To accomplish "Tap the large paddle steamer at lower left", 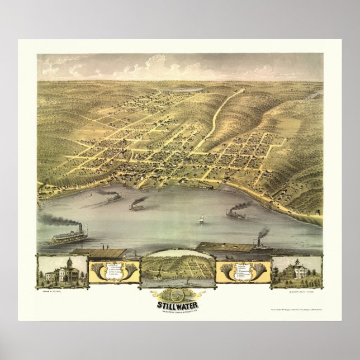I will pos(69,236).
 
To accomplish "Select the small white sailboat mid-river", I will pos(201,220).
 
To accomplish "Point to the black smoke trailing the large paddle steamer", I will pos(56,221).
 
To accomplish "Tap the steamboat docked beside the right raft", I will pos(262,244).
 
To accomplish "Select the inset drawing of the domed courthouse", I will pos(62,272).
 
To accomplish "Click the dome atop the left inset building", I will pos(69,262).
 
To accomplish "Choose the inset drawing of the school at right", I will pos(296,272).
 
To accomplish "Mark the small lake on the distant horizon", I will pos(190,89).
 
